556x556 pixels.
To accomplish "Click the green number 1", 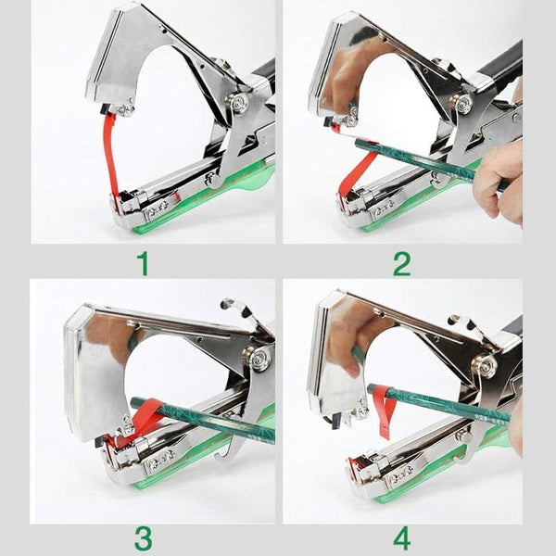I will point(143,264).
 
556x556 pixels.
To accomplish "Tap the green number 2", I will point(400,264).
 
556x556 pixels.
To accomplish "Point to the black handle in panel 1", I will point(263,74).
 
